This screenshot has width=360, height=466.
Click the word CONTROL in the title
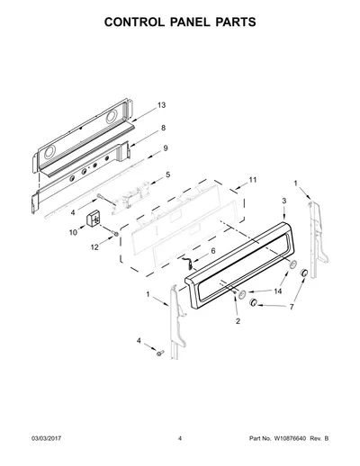pos(134,22)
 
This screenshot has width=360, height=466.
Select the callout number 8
pos(163,128)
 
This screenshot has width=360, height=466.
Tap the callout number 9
pos(166,148)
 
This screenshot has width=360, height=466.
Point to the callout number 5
pos(168,175)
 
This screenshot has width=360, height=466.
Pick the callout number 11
pos(253,180)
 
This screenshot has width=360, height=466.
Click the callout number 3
pos(283,201)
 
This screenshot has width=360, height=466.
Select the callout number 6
pos(213,251)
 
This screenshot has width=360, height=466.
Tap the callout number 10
pos(73,232)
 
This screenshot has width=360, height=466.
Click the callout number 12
pos(94,247)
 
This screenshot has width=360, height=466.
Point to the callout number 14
pos(278,291)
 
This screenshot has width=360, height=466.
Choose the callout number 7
pos(292,307)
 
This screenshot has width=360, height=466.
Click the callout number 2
pos(238,321)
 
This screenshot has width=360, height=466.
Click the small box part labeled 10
pos(93,220)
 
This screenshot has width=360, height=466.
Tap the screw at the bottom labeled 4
pos(159,353)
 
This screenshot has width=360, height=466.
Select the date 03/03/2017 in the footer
pos(46,438)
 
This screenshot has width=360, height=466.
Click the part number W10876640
pos(290,438)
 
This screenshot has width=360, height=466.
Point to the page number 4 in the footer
pos(180,438)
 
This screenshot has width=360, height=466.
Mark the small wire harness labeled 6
pos(187,262)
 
